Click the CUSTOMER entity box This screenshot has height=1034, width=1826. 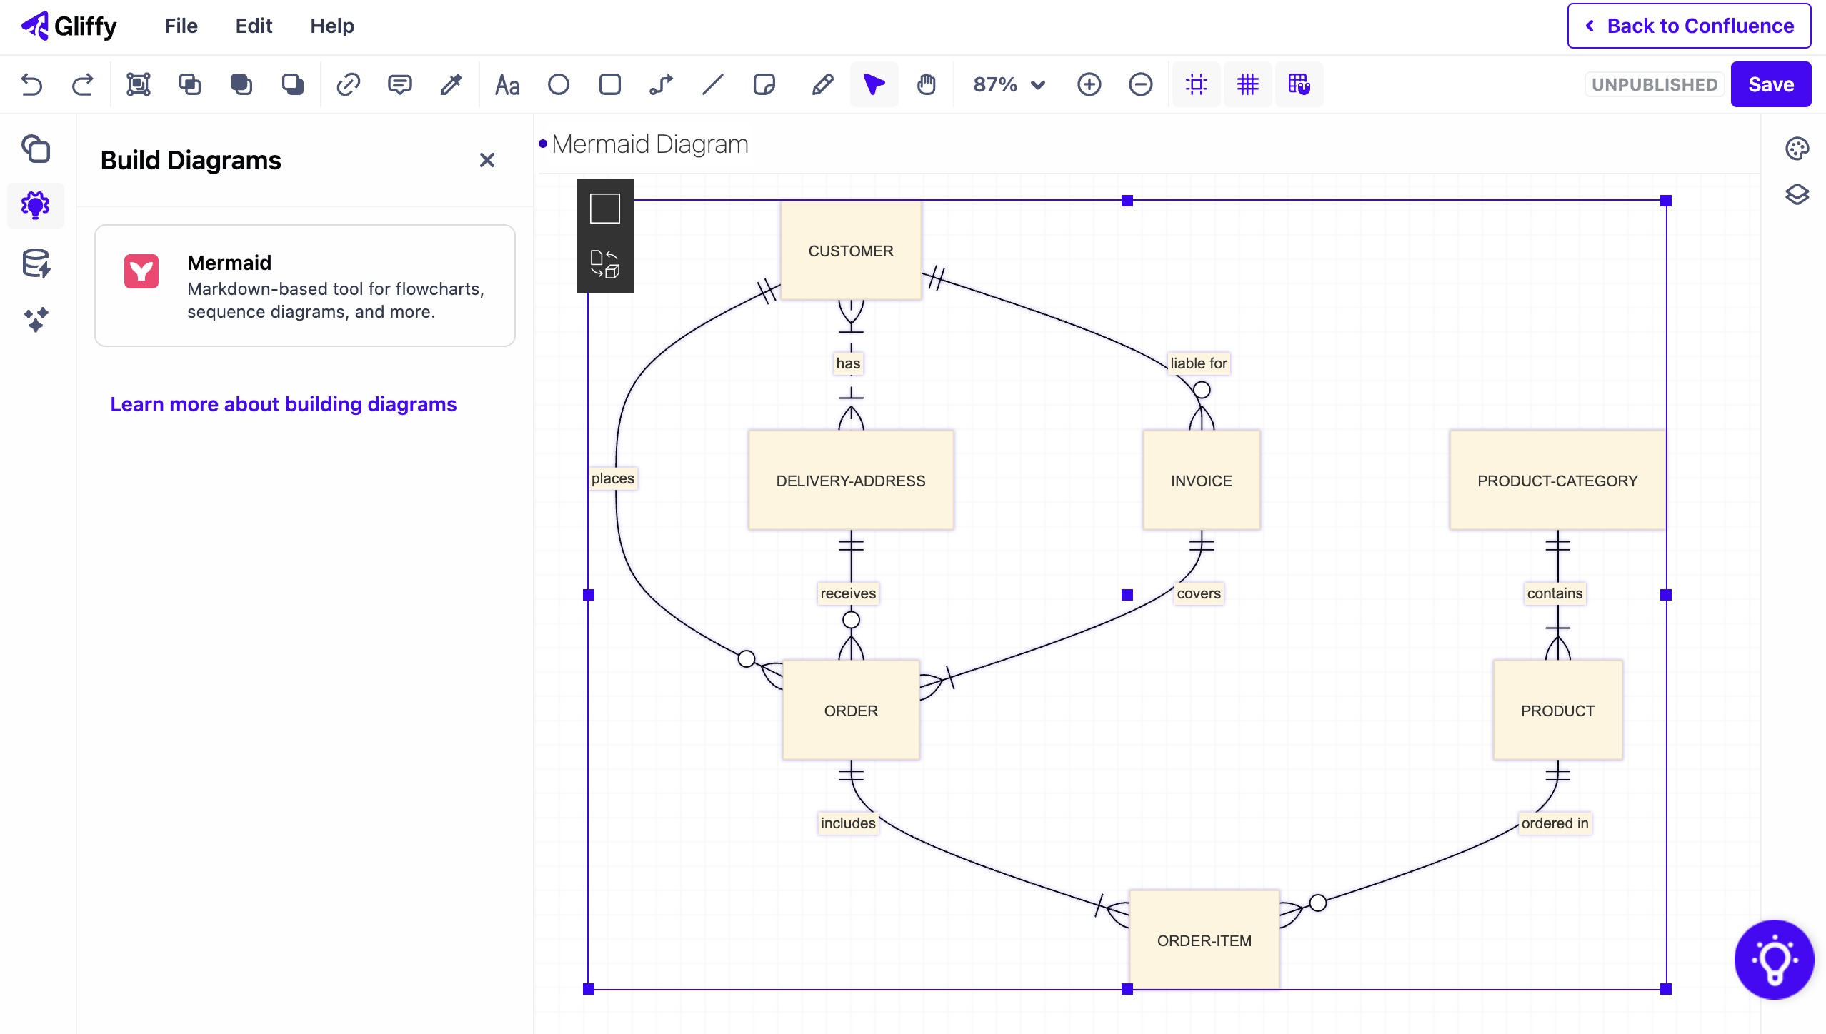850,251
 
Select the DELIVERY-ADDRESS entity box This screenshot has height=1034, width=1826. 850,481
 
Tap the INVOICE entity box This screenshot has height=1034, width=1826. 1201,481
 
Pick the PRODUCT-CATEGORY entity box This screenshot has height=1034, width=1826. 1557,481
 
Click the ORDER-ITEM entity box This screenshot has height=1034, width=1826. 1204,940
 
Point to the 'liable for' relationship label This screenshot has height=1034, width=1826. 1198,363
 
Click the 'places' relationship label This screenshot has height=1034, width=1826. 612,478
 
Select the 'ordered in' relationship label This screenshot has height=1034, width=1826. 1554,823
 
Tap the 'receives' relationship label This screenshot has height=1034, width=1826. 847,593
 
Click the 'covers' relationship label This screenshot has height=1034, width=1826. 1198,593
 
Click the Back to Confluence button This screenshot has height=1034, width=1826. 1689,26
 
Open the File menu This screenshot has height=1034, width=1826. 181,26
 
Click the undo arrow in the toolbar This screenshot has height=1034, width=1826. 31,84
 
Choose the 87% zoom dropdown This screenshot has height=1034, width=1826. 1008,84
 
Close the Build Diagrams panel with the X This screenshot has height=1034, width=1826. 487,160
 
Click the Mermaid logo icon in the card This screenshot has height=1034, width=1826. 141,271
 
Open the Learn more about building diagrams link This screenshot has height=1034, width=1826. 283,404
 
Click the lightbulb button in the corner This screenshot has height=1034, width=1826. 1773,960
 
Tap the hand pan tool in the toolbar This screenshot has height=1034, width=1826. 926,84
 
